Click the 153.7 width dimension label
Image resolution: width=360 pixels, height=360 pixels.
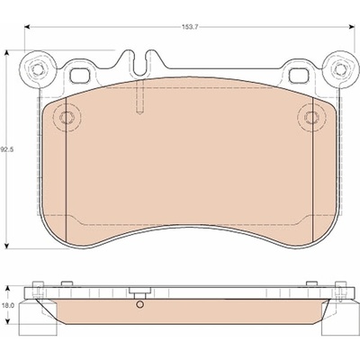(x=190, y=27)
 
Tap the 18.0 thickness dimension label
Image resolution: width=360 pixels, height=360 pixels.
(x=5, y=305)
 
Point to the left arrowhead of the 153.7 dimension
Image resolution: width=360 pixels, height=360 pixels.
(x=27, y=27)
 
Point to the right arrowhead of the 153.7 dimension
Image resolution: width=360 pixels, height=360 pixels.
(x=352, y=27)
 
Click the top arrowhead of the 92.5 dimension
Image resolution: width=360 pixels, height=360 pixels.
(x=6, y=53)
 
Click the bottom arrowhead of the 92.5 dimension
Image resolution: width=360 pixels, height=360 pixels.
(x=6, y=246)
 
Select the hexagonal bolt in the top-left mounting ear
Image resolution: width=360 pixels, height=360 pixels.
(x=37, y=69)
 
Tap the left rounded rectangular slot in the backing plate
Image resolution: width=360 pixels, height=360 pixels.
(x=80, y=75)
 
